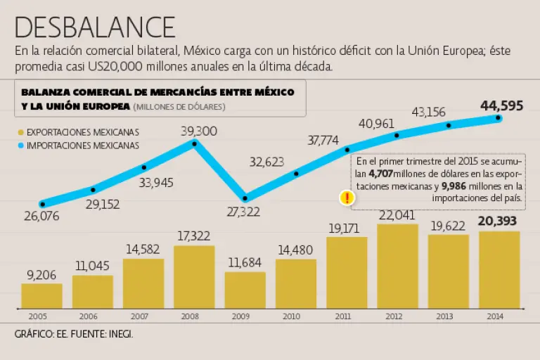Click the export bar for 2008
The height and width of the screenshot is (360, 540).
pyautogui.click(x=194, y=276)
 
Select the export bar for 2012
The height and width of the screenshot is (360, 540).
pyautogui.click(x=397, y=266)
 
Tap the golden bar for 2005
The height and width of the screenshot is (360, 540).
pyautogui.click(x=41, y=295)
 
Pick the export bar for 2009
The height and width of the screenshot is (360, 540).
pyautogui.click(x=245, y=290)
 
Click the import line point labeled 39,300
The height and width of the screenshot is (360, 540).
pyautogui.click(x=195, y=142)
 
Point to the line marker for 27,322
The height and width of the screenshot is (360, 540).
pyautogui.click(x=245, y=198)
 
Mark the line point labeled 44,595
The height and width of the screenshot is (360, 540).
pyautogui.click(x=499, y=118)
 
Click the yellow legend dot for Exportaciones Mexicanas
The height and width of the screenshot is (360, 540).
pyautogui.click(x=21, y=132)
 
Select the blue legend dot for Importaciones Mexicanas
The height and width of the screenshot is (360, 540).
pyautogui.click(x=21, y=146)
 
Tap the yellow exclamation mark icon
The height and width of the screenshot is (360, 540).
pyautogui.click(x=346, y=198)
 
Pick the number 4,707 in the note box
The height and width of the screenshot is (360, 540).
pyautogui.click(x=380, y=174)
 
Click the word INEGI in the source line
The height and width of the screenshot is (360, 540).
pyautogui.click(x=120, y=334)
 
